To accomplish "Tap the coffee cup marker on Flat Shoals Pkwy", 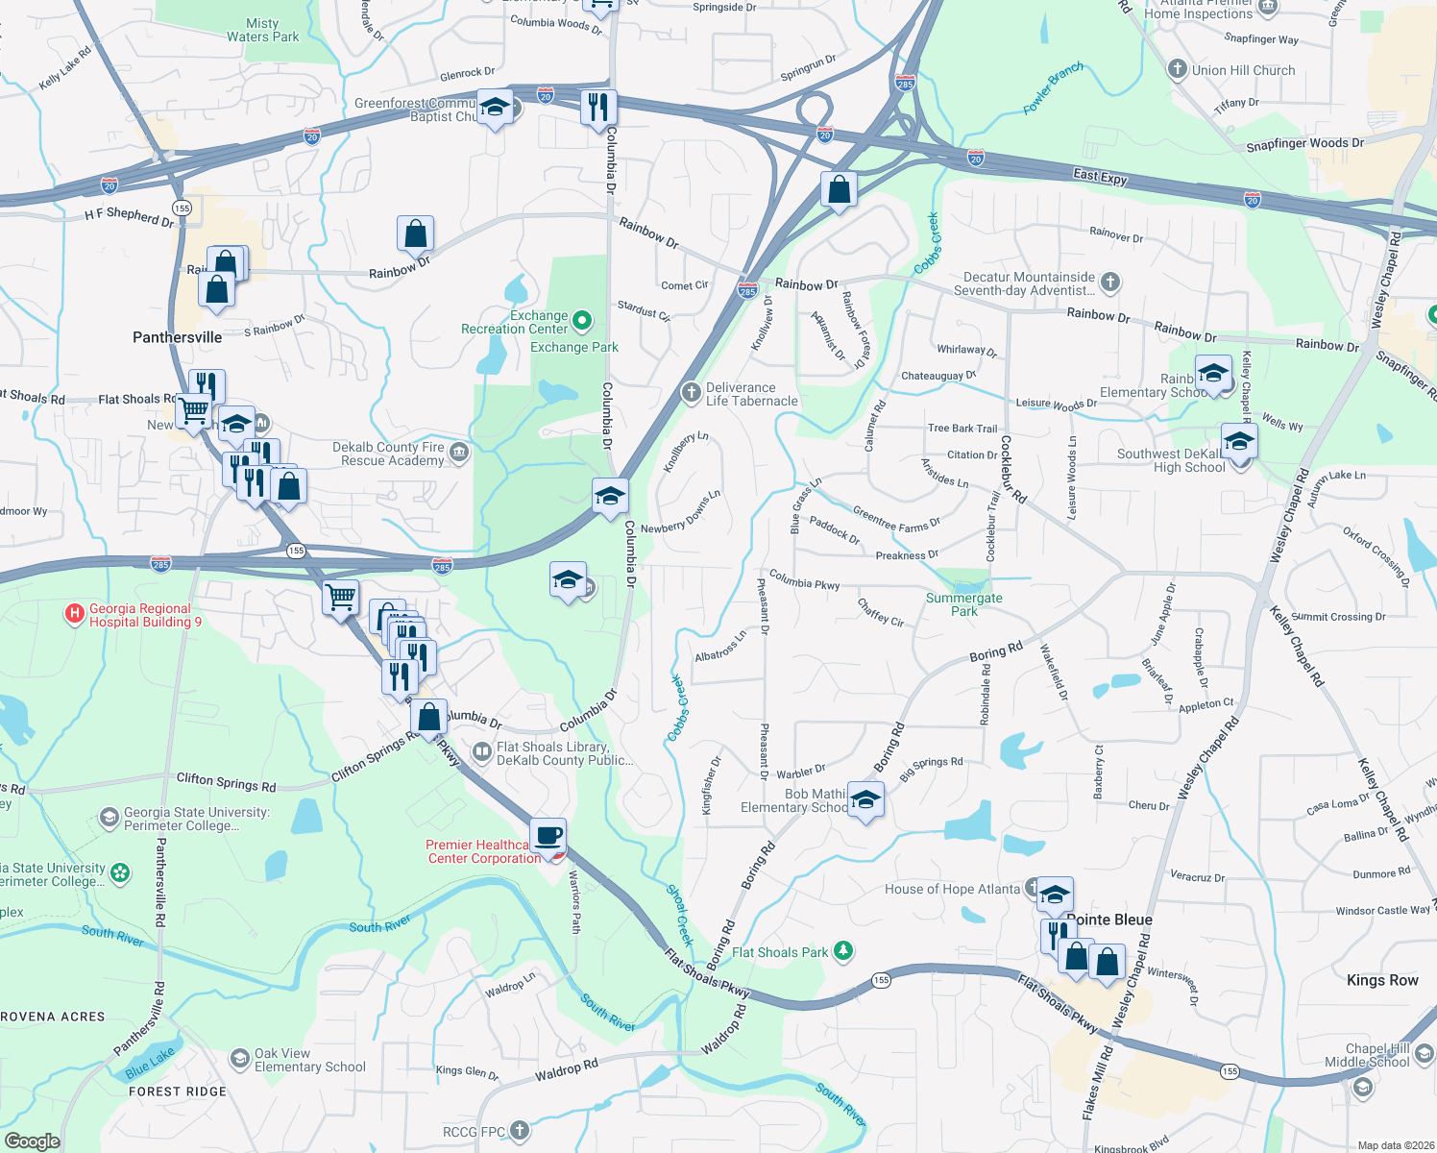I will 548,836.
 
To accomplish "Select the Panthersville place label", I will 177,337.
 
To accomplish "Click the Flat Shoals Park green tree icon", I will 843,951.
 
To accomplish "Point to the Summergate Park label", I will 963,604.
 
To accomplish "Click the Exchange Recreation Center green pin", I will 582,320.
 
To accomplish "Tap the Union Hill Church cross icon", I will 1177,69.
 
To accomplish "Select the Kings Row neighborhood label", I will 1381,980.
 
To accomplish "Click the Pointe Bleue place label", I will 1112,920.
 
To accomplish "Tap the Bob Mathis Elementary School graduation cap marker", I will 865,799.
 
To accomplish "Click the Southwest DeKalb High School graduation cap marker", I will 1239,441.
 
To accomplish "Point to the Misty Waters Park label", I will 262,30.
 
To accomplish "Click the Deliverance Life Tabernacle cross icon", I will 691,392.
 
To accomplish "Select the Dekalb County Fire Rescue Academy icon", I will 460,453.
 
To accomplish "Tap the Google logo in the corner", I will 32,1141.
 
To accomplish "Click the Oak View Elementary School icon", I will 239,1059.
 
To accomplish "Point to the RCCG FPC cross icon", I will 519,1131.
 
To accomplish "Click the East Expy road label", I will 1100,176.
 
